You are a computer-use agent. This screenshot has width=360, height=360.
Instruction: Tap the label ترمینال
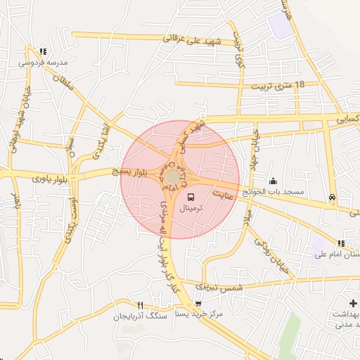click(x=191, y=210)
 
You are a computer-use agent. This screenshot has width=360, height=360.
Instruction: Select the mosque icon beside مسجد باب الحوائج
click(x=273, y=181)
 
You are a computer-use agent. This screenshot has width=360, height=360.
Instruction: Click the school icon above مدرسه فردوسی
click(x=43, y=51)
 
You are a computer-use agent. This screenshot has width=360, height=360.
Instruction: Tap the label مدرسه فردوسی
click(x=43, y=62)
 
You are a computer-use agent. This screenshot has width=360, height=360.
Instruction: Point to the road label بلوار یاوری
click(x=53, y=179)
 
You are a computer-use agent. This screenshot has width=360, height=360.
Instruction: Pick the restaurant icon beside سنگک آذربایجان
click(x=141, y=305)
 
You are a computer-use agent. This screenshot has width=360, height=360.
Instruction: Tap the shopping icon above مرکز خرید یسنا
click(x=198, y=304)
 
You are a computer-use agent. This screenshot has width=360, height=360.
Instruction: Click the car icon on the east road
click(x=331, y=198)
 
